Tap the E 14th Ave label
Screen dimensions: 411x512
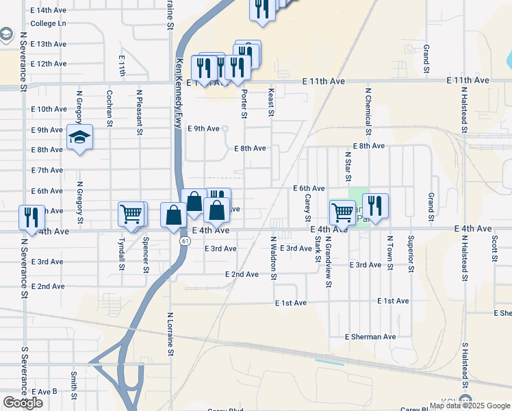point(49,10)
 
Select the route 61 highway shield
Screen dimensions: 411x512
point(185,242)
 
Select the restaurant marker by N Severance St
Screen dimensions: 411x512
point(31,216)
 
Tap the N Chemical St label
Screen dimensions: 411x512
point(368,111)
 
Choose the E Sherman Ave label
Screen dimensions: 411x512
point(370,337)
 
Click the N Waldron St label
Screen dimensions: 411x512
point(273,258)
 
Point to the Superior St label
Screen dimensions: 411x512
point(411,254)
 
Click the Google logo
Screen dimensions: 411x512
point(23,403)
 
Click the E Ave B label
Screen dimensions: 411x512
point(44,392)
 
